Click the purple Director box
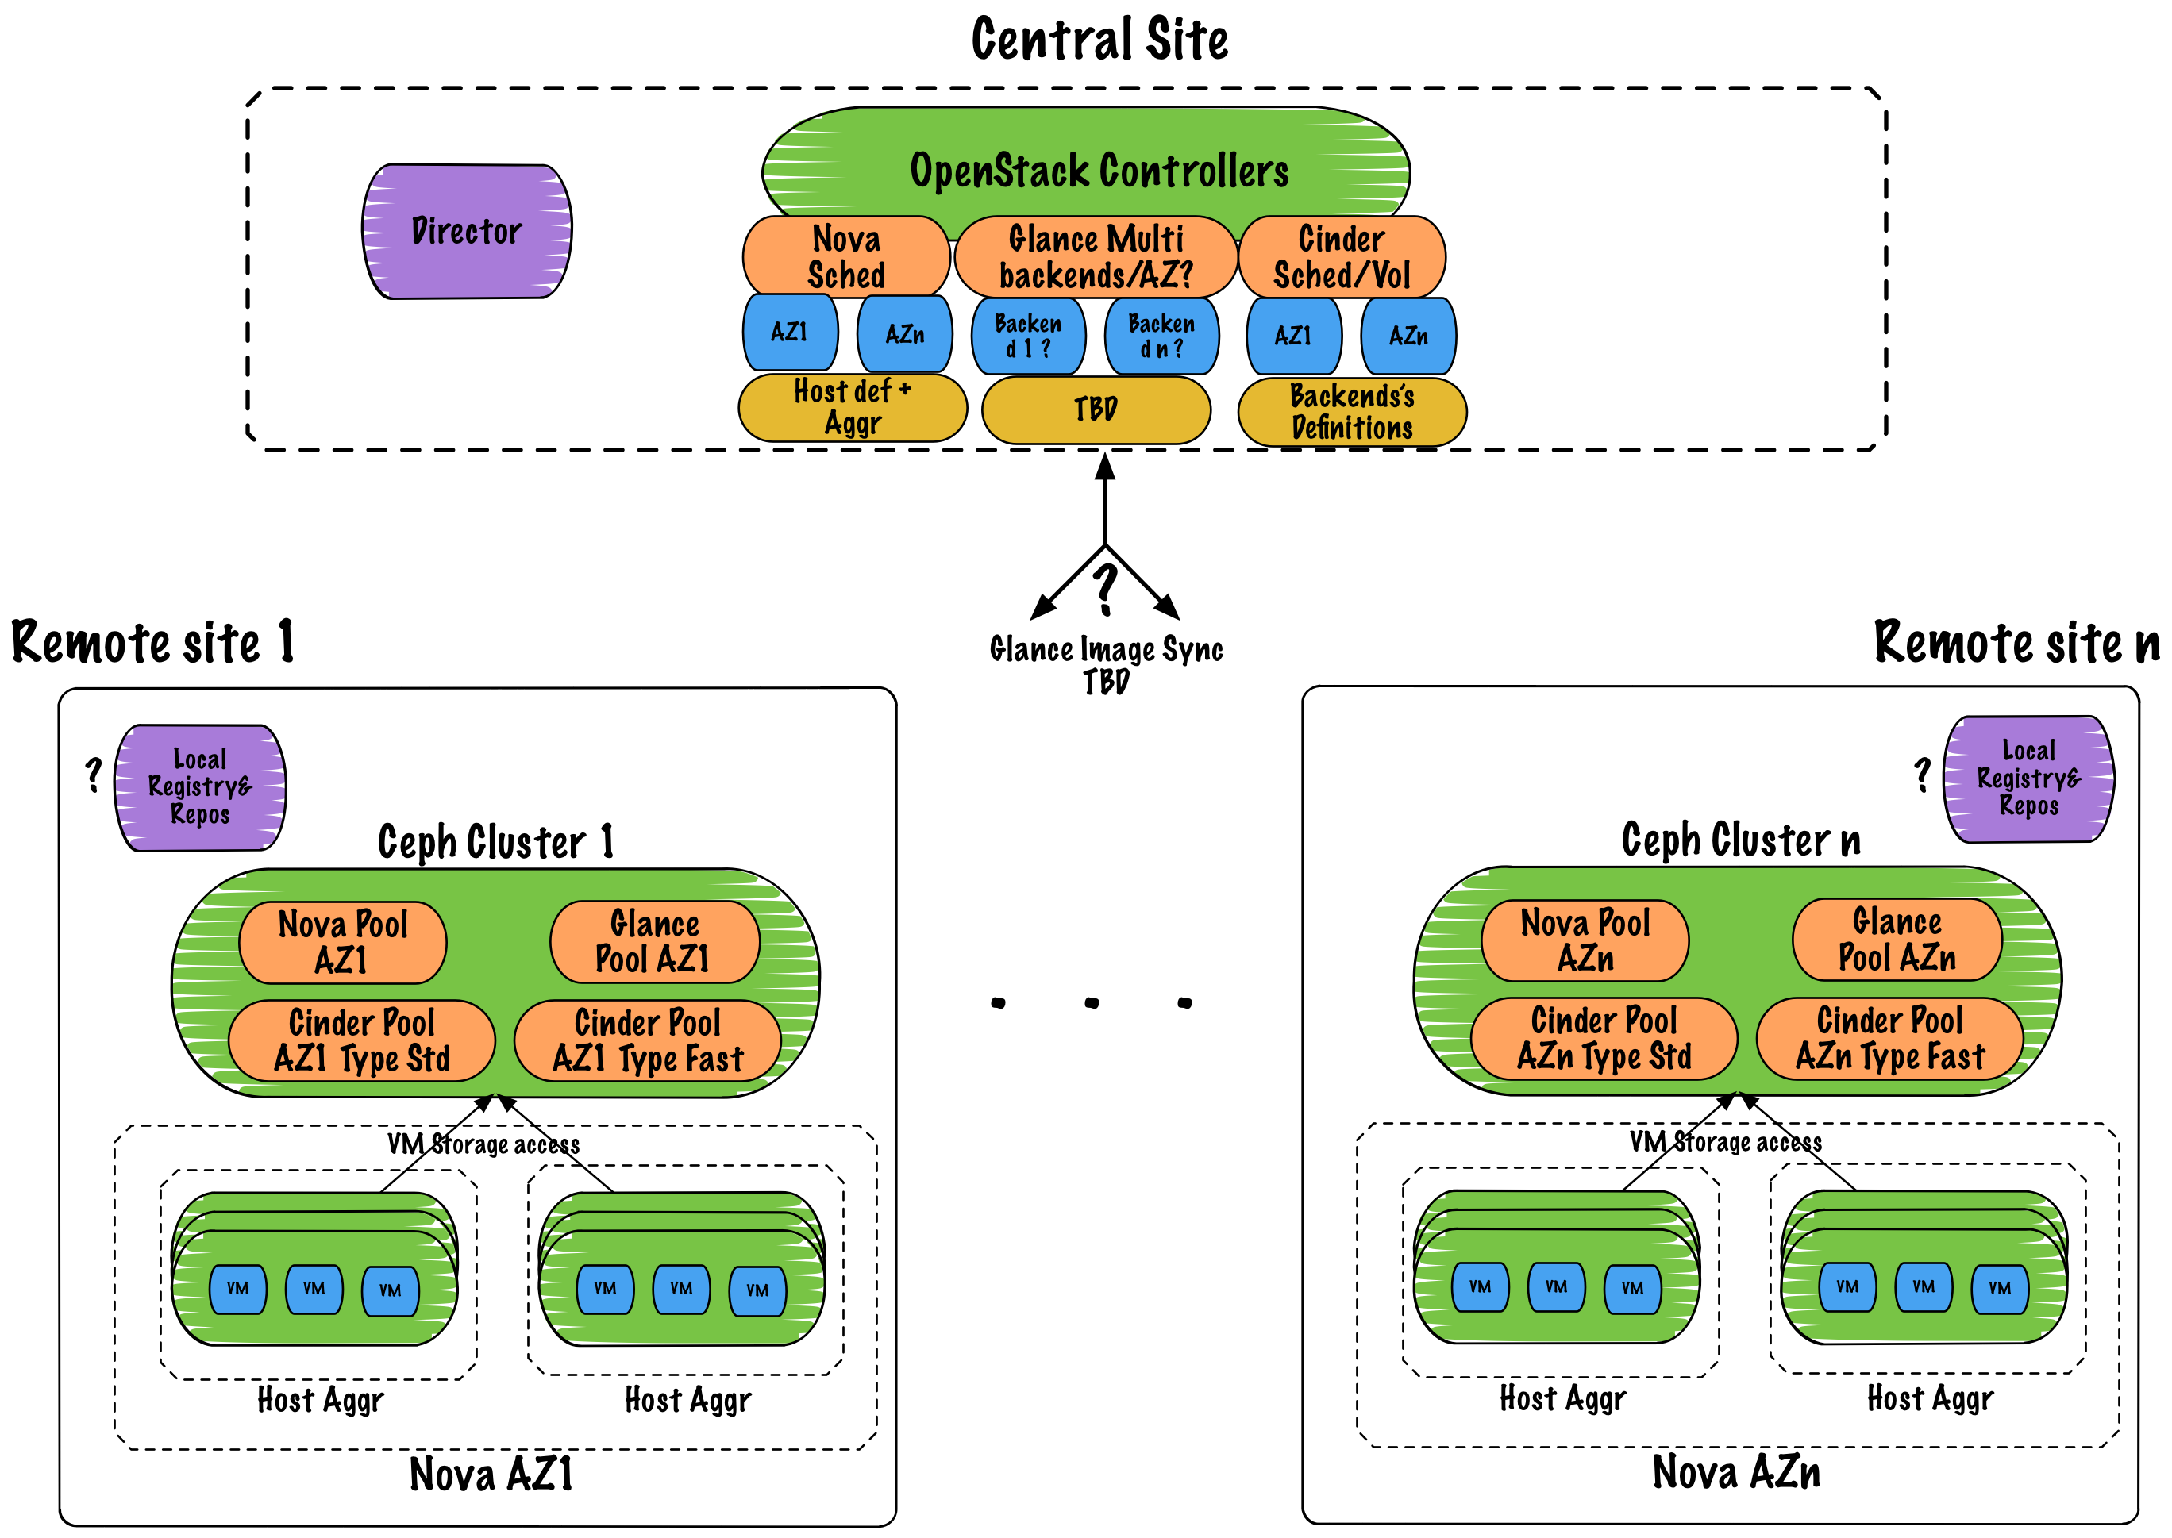click(467, 231)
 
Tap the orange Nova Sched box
click(846, 256)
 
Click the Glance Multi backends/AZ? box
click(1096, 256)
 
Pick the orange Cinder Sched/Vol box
click(1342, 256)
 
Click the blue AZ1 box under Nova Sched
click(790, 333)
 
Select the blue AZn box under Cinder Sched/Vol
click(1408, 336)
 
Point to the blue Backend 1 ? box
click(1028, 336)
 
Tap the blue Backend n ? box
click(1161, 336)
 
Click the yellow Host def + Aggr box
click(853, 408)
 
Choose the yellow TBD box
click(1096, 410)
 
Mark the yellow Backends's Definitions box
click(1352, 412)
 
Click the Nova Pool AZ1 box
click(343, 942)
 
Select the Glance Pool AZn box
click(1897, 940)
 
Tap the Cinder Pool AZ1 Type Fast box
click(648, 1040)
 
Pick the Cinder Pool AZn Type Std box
click(1604, 1039)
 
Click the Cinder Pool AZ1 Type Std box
click(362, 1040)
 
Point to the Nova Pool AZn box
click(1585, 940)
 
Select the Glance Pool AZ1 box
click(654, 941)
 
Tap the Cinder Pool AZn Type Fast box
click(1889, 1039)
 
